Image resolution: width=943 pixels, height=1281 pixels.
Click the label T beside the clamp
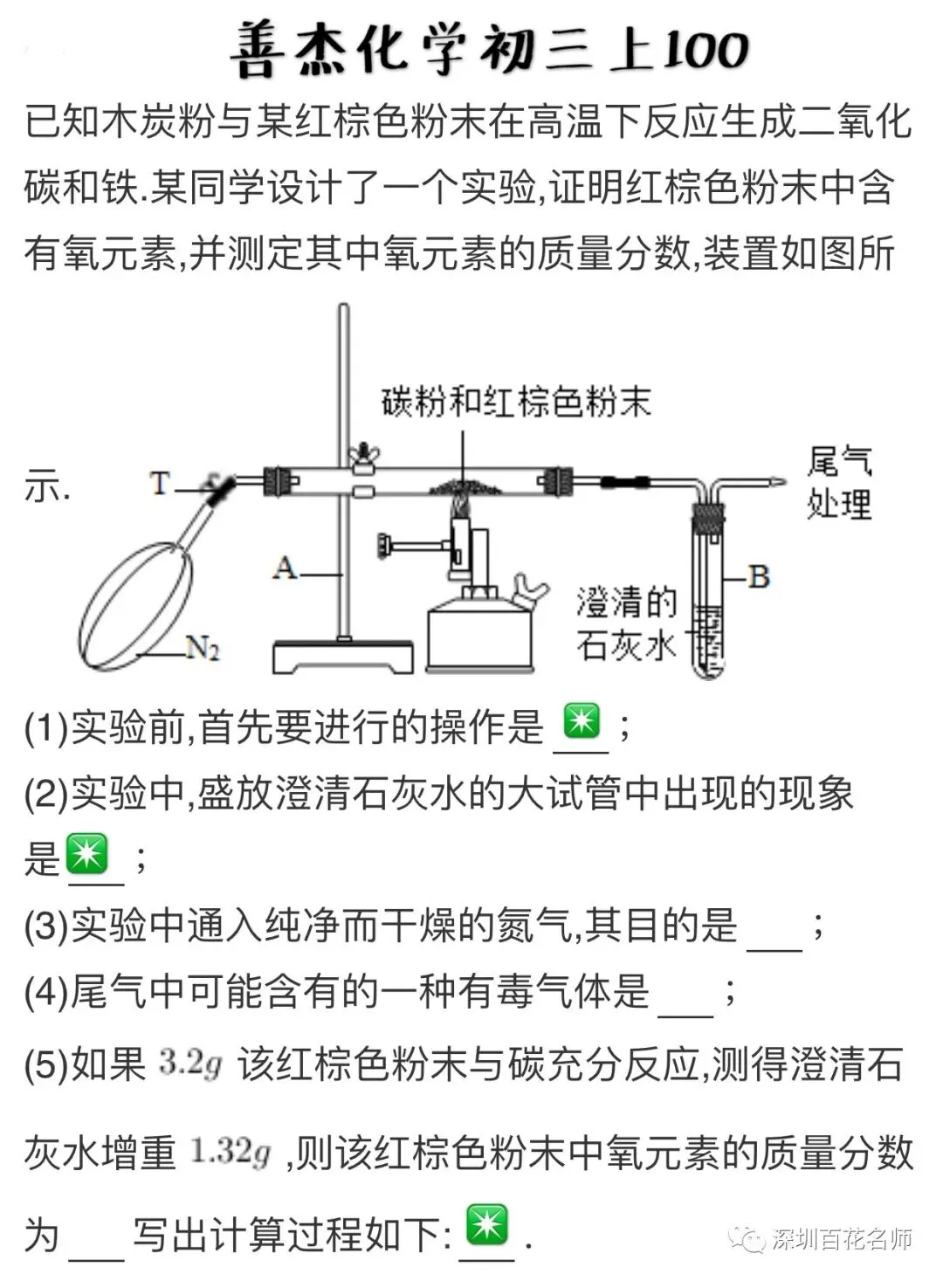(x=160, y=483)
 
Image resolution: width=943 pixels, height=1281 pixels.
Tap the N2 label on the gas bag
(x=203, y=648)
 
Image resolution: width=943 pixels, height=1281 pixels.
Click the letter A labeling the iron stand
(x=285, y=568)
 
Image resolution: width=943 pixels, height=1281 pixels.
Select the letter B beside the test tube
(x=758, y=576)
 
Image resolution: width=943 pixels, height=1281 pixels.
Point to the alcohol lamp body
(x=479, y=638)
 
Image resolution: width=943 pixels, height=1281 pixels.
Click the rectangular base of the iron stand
(x=342, y=658)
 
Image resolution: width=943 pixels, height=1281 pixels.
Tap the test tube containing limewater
(x=708, y=603)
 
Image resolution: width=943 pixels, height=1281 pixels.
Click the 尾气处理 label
(x=838, y=483)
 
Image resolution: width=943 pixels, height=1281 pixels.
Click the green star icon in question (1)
(x=582, y=722)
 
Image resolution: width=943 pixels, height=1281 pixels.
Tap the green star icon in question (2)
(x=87, y=853)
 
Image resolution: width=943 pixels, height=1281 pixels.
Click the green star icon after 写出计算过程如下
(x=486, y=1225)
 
